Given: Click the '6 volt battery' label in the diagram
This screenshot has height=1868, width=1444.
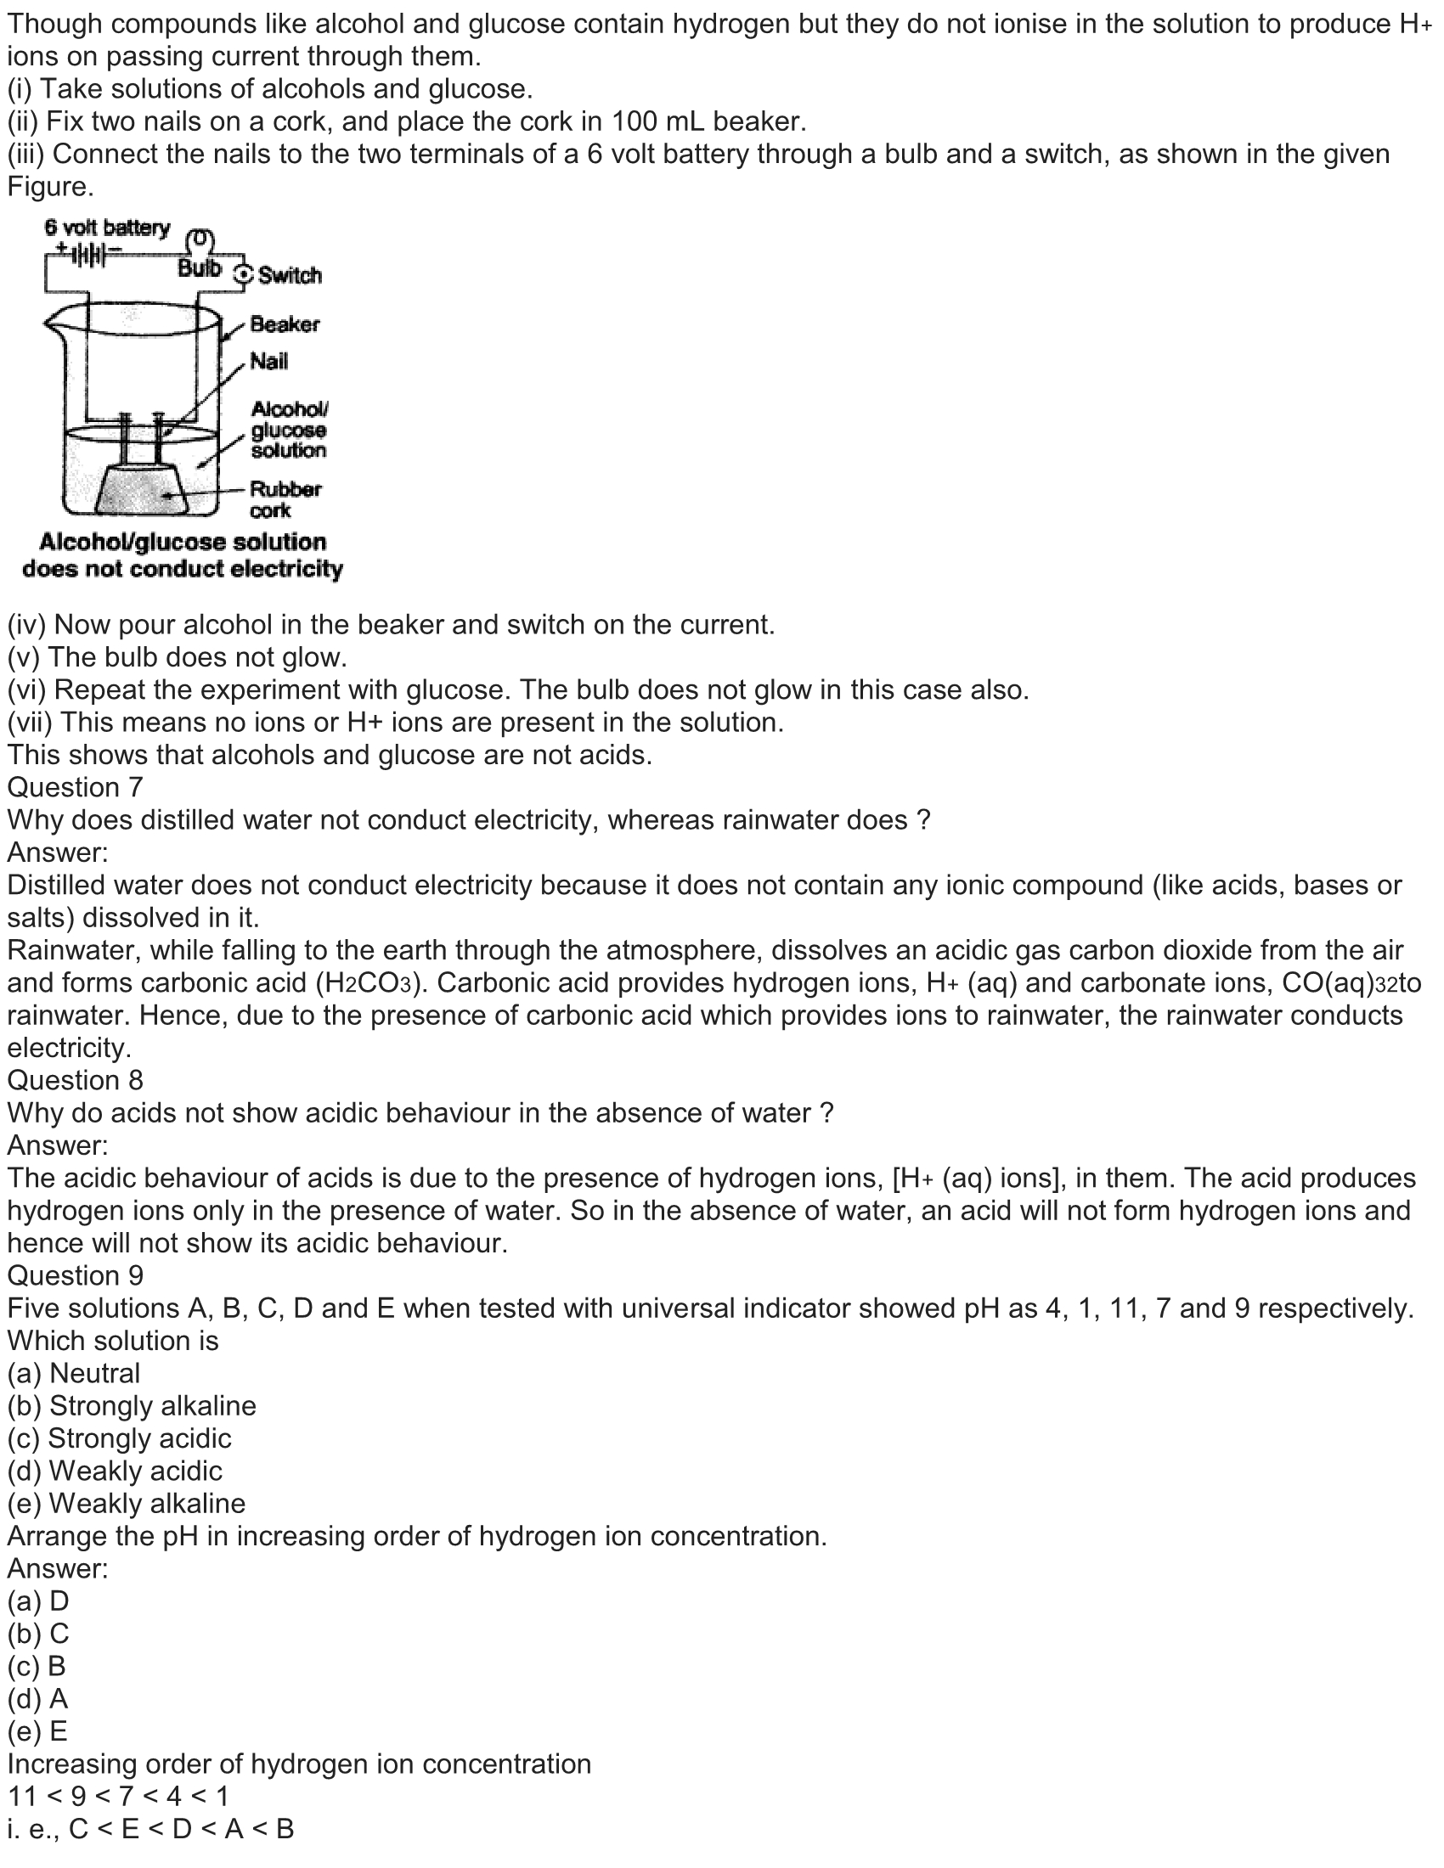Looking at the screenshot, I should pyautogui.click(x=107, y=228).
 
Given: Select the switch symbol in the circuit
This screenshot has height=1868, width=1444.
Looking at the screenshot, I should pyautogui.click(x=244, y=274).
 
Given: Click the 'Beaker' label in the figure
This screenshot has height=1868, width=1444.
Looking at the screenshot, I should pyautogui.click(x=284, y=324).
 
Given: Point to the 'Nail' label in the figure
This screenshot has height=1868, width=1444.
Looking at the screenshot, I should pyautogui.click(x=268, y=362).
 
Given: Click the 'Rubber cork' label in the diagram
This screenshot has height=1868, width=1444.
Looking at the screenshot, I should pyautogui.click(x=285, y=499).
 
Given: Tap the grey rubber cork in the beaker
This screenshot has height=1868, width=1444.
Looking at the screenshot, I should pyautogui.click(x=143, y=491).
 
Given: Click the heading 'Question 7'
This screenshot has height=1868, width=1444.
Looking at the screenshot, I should pyautogui.click(x=76, y=787).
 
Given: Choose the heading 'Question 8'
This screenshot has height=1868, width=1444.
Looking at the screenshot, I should pyautogui.click(x=76, y=1079).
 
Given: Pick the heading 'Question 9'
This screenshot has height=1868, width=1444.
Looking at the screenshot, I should pyautogui.click(x=76, y=1275).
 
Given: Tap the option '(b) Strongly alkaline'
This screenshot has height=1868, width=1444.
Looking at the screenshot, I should pyautogui.click(x=132, y=1405).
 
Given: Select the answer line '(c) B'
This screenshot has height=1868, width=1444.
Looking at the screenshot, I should pyautogui.click(x=37, y=1666).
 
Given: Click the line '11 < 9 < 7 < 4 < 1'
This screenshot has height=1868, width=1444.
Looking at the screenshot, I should pyautogui.click(x=118, y=1795).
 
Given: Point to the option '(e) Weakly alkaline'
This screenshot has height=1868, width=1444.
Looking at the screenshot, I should pyautogui.click(x=127, y=1503).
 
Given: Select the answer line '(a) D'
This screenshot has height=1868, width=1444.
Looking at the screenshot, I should pyautogui.click(x=38, y=1601).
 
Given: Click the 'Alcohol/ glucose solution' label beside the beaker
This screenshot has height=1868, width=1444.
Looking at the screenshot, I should pyautogui.click(x=288, y=430).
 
